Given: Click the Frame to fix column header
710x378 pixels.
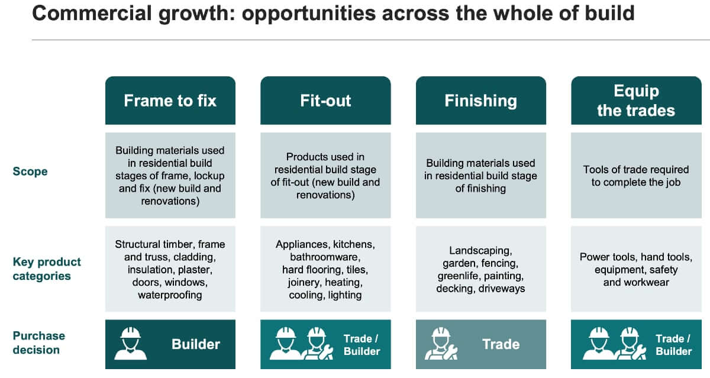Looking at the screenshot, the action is tap(170, 101).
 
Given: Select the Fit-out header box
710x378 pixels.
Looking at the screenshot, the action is tap(325, 101).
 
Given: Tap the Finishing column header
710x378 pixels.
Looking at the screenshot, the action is tap(481, 101).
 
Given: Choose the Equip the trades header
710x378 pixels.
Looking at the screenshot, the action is tap(636, 101).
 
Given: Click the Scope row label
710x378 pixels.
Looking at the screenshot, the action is tap(30, 172).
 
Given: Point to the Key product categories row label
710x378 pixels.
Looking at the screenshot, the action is tap(47, 269).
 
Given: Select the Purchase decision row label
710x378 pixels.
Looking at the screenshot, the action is tap(38, 343).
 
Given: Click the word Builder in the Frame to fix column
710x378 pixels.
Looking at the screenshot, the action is tap(196, 344).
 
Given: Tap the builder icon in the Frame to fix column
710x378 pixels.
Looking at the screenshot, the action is tap(130, 344).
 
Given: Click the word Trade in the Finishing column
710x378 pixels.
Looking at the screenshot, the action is tap(501, 344).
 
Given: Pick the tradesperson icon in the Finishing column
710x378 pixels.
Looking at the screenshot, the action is tap(441, 344).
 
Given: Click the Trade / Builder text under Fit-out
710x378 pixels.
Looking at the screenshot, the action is tap(362, 345).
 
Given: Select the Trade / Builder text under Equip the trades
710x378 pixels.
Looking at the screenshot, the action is tap(673, 345).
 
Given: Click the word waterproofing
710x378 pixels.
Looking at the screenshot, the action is tap(170, 295).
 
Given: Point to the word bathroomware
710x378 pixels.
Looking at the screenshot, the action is tap(325, 257).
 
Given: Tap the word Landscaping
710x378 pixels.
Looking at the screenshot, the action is tap(480, 251).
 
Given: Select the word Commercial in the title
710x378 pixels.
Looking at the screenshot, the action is tap(92, 13).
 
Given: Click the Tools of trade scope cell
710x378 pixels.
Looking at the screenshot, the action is tap(636, 175).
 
